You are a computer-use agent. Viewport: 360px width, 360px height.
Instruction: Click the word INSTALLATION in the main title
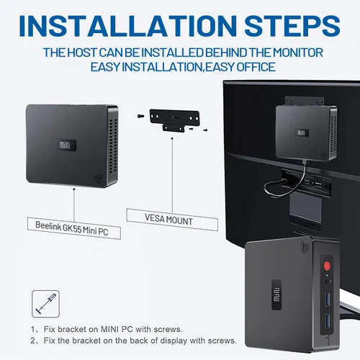128,26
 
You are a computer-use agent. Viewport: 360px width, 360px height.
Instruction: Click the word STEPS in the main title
292,26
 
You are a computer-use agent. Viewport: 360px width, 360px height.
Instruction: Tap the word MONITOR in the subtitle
298,53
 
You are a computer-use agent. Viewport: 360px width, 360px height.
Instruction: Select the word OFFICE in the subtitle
256,67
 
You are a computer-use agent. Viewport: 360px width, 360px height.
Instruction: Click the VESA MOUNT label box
172,220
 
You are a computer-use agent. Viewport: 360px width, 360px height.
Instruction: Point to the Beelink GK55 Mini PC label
74,228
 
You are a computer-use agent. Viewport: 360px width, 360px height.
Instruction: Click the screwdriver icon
45,304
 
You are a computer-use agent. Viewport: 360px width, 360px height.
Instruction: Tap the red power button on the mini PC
327,266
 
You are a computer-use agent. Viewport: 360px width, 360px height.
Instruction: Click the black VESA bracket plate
174,120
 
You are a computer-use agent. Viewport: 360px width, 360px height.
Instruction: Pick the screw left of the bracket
140,116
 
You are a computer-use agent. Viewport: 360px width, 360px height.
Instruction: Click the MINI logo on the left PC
65,145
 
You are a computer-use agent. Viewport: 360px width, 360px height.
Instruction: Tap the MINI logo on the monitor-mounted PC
301,132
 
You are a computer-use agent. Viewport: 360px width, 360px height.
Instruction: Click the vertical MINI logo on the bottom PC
276,294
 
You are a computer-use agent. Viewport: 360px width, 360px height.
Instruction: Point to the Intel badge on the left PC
98,178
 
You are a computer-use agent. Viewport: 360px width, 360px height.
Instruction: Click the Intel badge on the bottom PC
305,247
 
